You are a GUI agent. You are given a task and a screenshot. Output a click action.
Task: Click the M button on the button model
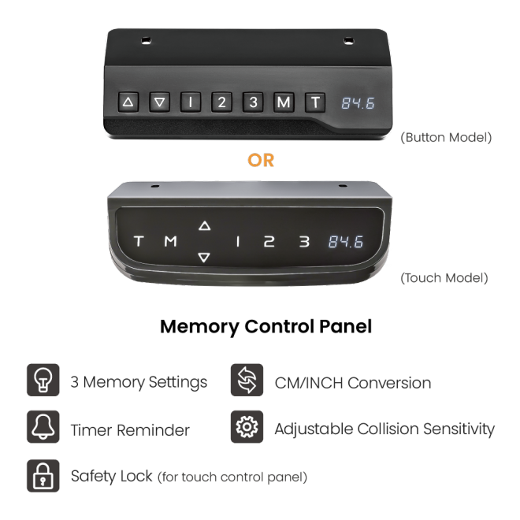[x=284, y=102]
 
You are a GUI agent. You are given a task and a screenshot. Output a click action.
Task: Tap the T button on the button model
[x=315, y=102]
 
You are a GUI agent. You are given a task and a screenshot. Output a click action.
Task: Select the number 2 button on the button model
[x=221, y=102]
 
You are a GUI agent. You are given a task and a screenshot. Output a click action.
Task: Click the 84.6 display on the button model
[x=358, y=103]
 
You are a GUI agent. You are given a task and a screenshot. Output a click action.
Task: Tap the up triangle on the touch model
[x=205, y=226]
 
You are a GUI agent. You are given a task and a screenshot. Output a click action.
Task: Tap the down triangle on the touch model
[x=204, y=258]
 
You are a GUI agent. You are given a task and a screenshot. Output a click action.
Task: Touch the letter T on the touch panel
[x=139, y=241]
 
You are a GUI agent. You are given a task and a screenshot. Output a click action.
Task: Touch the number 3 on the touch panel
[x=304, y=241]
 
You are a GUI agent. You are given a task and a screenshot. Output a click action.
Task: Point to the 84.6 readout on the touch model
[x=346, y=242]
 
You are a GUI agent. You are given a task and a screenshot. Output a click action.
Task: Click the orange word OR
[x=261, y=161]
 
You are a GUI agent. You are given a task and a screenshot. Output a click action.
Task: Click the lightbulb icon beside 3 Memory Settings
[x=43, y=380]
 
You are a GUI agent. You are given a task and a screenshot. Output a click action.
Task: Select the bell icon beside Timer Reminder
[x=43, y=427]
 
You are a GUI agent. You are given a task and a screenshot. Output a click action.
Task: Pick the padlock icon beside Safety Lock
[x=43, y=476]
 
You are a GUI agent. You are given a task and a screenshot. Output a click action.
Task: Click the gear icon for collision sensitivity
[x=247, y=427]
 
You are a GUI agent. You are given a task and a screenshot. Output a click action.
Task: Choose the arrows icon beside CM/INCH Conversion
[x=247, y=380]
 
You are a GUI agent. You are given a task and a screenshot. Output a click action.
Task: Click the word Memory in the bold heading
[x=199, y=327]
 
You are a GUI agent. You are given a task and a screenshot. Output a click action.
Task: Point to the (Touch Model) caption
[x=444, y=278]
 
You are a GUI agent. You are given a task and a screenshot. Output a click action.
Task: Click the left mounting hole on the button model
[x=146, y=41]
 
